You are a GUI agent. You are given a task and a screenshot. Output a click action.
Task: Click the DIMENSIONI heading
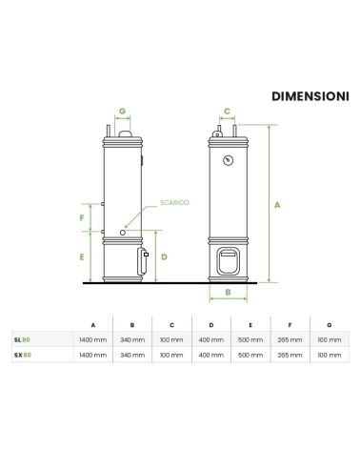pos(310,96)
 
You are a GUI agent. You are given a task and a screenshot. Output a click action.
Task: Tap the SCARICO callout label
pos(174,203)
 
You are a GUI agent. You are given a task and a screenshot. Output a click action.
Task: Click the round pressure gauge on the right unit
pos(228,160)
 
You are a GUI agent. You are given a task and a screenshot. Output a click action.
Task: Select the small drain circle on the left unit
pos(123,233)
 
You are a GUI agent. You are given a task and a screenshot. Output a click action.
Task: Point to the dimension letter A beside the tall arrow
pos(277,205)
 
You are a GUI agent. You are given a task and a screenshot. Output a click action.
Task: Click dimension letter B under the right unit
pos(228,292)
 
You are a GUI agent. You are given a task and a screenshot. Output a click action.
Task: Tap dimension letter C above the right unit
pos(227,112)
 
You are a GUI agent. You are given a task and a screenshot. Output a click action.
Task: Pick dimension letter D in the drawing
pos(164,257)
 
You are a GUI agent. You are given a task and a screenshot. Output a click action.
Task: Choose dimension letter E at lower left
pos(82,257)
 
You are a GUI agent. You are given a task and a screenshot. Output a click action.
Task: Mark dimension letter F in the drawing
pos(82,218)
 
